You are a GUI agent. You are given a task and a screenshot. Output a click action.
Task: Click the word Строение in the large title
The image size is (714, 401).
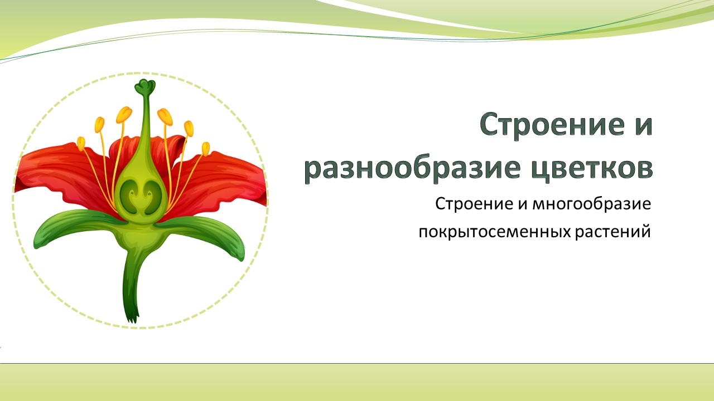coord(552,124)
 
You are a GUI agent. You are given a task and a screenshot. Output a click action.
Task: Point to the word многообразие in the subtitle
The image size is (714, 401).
coord(592,204)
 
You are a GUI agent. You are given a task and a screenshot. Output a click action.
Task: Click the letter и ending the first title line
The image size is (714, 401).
coord(644,124)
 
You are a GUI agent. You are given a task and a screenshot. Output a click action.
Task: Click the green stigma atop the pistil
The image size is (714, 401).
coord(145,86)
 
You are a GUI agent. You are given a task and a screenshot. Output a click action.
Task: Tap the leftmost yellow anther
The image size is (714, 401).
coord(81,144)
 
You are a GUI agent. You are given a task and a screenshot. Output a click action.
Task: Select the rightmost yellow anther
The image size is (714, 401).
coord(206,149)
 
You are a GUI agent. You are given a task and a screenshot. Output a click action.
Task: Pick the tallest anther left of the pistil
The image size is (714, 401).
coord(124,115)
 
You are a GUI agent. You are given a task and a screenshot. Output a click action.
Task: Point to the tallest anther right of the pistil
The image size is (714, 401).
coord(165,117)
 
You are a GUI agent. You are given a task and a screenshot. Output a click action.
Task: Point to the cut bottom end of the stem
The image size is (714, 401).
coord(132,318)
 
